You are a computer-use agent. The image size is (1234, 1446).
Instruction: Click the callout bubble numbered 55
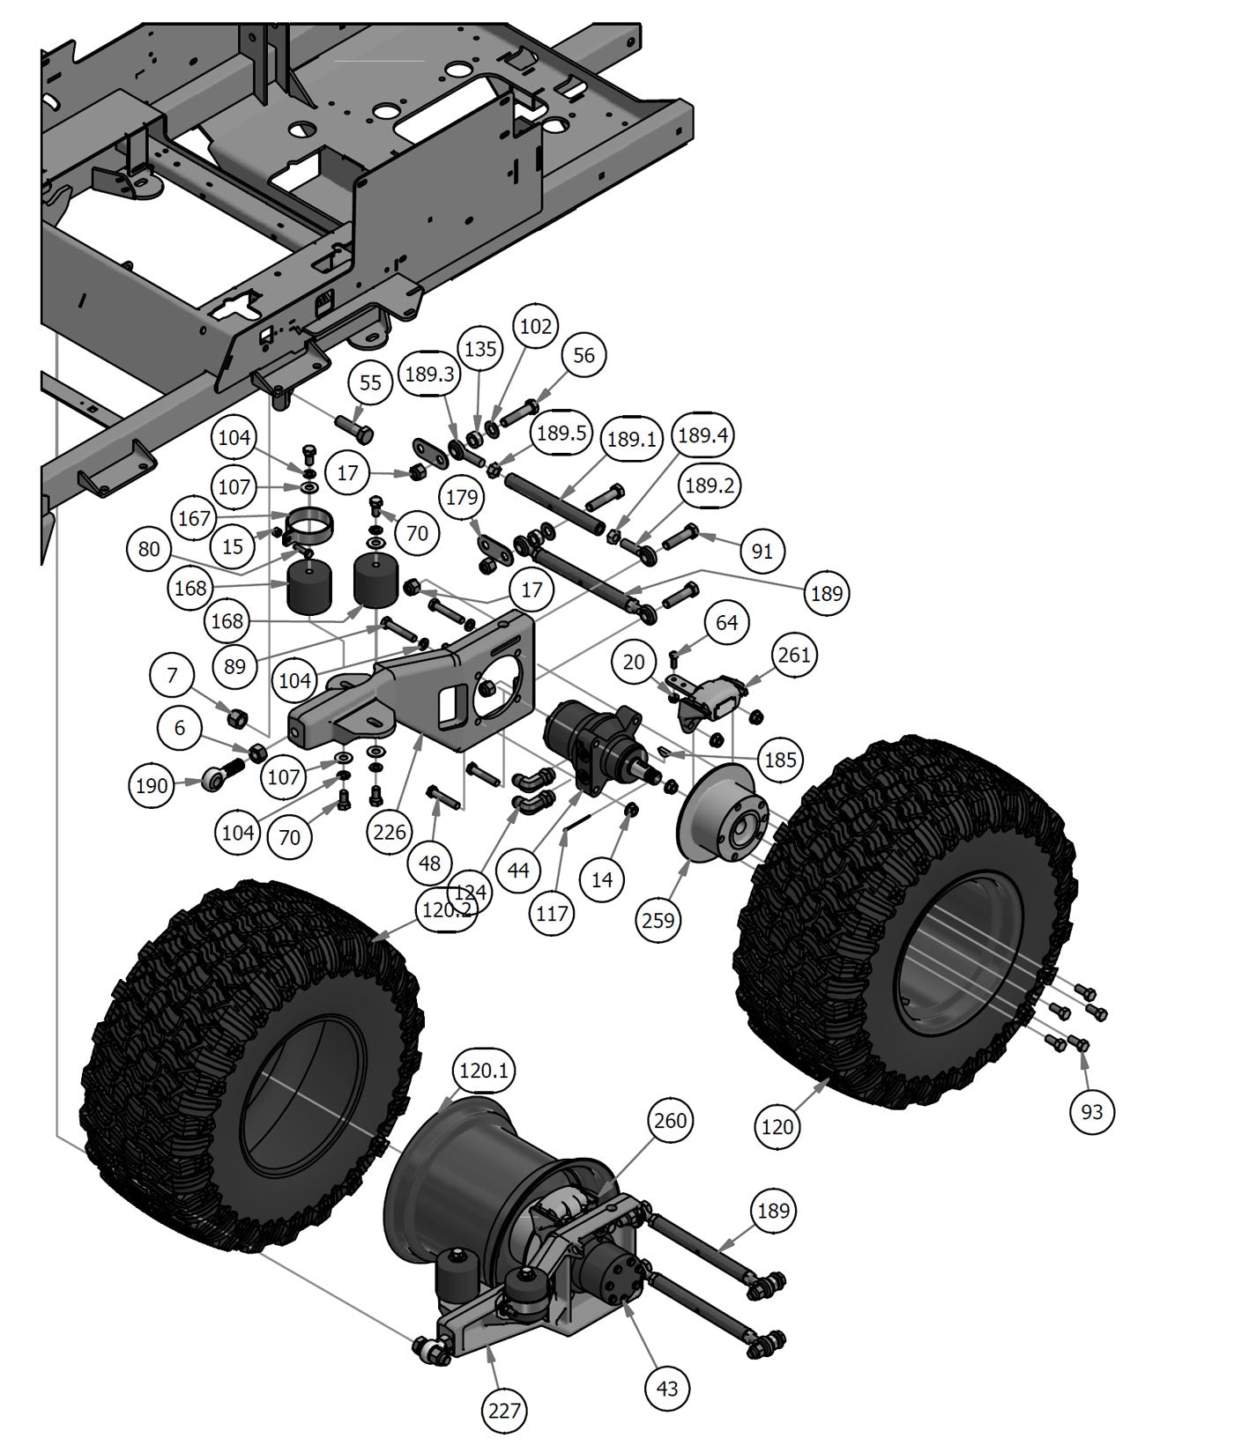[x=371, y=382]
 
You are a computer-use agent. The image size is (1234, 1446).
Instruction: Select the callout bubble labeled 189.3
[x=429, y=374]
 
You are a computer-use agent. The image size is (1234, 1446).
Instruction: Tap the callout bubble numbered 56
[x=584, y=355]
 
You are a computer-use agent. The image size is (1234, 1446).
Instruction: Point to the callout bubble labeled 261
[x=794, y=655]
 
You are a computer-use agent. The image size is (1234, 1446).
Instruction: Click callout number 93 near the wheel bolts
[x=1091, y=1112]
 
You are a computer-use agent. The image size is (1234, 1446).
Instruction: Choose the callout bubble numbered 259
[x=658, y=920]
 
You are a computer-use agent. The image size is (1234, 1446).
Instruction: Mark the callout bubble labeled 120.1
[x=484, y=1071]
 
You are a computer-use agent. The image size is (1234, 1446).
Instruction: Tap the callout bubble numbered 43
[x=667, y=1388]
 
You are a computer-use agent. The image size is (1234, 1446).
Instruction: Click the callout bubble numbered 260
[x=671, y=1121]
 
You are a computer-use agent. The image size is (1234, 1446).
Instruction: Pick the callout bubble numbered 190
[x=152, y=784]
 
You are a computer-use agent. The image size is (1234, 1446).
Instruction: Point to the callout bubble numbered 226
[x=390, y=832]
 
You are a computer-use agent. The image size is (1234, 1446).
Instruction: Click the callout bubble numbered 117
[x=552, y=913]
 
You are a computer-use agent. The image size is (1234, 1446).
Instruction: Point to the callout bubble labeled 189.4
[x=703, y=435]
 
